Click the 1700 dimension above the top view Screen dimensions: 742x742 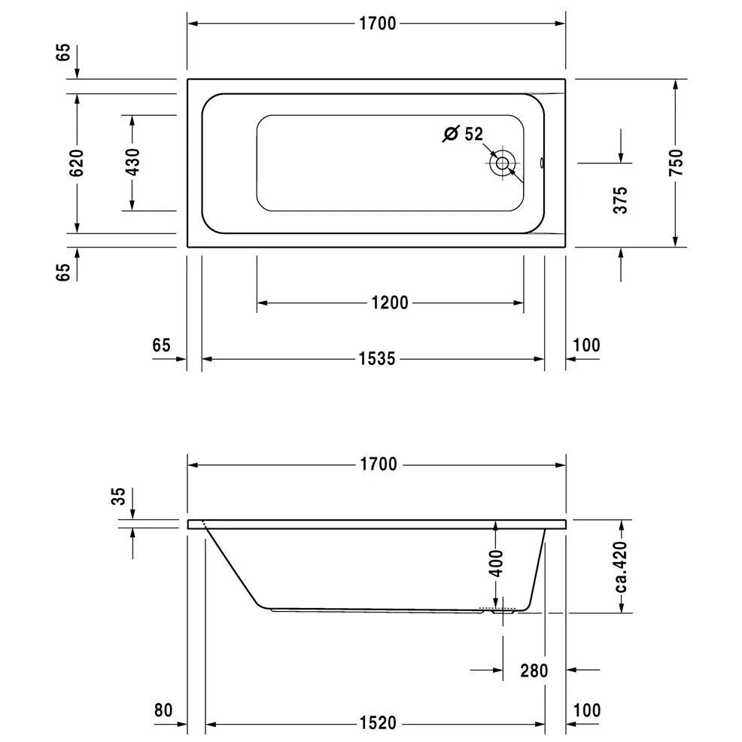[x=376, y=23]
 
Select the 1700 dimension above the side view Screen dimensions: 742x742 [x=376, y=464]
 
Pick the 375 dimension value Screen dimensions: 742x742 [x=620, y=200]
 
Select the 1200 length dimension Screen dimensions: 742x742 [x=390, y=303]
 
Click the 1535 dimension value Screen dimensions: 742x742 [x=376, y=359]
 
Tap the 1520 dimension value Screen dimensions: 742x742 [x=376, y=724]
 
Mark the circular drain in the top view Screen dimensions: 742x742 [x=502, y=163]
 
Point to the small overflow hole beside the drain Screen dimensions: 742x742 [x=542, y=162]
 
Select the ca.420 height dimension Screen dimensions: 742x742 [x=621, y=565]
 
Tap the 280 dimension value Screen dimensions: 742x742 [x=533, y=670]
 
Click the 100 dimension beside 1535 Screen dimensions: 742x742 [x=586, y=345]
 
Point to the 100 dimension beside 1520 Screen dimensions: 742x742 [x=586, y=710]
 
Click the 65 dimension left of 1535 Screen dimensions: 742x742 [x=161, y=345]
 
